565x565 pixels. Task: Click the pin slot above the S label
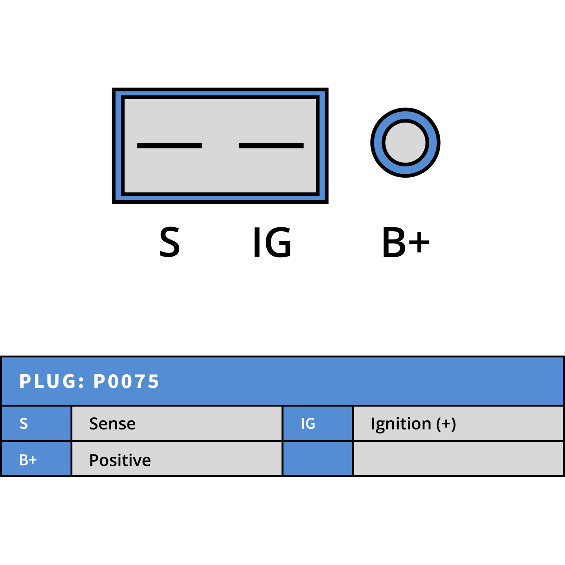[169, 145]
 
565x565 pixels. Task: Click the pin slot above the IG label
[271, 145]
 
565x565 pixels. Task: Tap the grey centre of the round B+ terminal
[405, 143]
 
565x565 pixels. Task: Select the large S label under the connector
[169, 242]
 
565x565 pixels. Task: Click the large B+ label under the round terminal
[406, 242]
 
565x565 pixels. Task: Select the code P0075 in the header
[126, 381]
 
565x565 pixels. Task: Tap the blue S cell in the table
[36, 423]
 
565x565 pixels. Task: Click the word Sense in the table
[112, 424]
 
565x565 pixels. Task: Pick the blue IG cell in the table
[318, 423]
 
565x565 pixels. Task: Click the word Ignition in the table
[401, 424]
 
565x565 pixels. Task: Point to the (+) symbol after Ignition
[446, 424]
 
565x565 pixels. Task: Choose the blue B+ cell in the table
[36, 459]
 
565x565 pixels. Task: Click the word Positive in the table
[120, 460]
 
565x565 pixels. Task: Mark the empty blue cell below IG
[318, 459]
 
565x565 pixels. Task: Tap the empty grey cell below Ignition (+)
[458, 459]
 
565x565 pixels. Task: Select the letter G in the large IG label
[278, 242]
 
